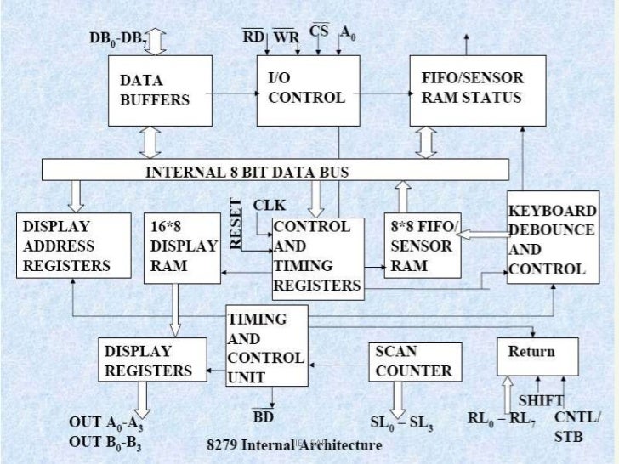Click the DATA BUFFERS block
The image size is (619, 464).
(158, 92)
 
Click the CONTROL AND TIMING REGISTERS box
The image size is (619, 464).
(317, 256)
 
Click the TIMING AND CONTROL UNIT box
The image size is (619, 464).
(265, 348)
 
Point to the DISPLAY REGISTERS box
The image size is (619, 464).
(152, 360)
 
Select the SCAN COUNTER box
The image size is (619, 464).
(415, 361)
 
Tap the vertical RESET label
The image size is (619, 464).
(237, 224)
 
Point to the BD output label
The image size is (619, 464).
(263, 416)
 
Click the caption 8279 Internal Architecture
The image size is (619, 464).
(295, 444)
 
